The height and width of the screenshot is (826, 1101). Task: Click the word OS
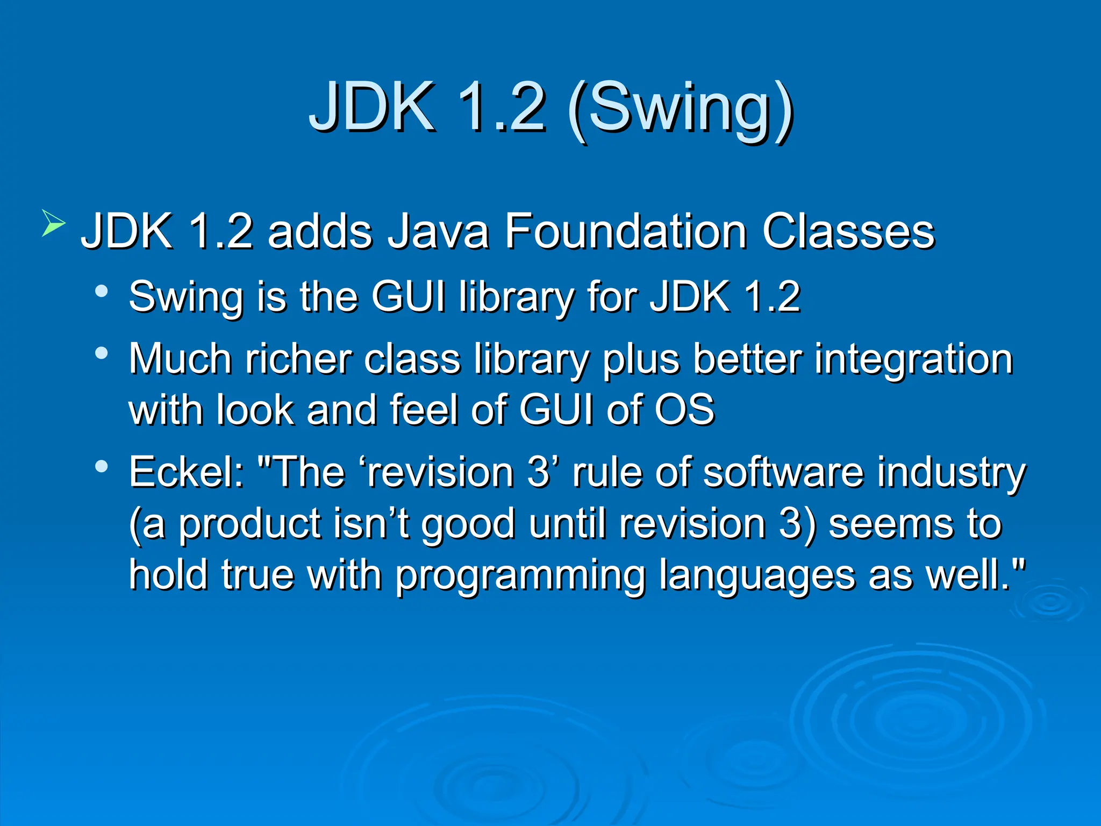pyautogui.click(x=684, y=410)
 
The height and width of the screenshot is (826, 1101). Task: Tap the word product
pyautogui.click(x=249, y=525)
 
